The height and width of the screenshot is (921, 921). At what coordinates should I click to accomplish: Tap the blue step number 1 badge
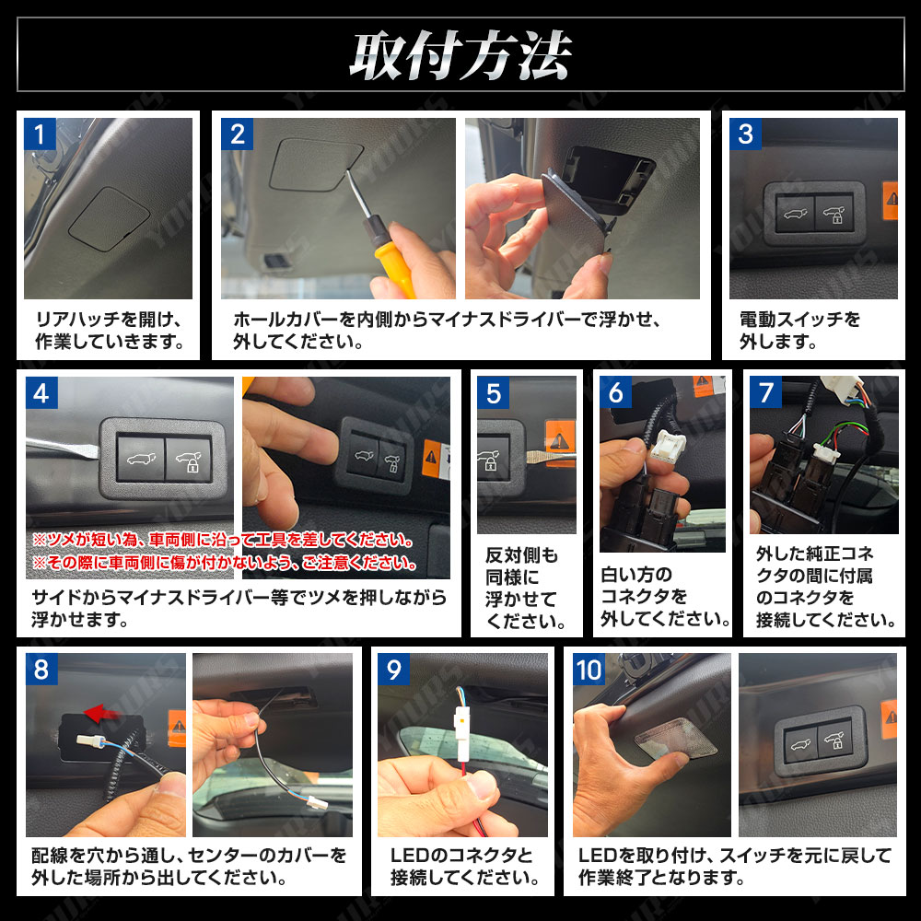point(40,134)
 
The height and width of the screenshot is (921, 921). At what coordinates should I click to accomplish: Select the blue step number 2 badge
point(237,134)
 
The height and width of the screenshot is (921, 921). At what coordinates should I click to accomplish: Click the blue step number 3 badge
point(745,134)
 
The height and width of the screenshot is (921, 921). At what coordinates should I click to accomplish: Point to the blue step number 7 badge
point(765,391)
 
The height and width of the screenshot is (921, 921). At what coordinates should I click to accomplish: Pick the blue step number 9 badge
point(393,669)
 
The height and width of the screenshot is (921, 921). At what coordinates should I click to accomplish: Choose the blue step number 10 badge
point(589,669)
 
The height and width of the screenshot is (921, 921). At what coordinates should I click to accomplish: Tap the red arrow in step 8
point(103,713)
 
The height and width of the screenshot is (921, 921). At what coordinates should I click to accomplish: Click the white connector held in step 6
point(668,446)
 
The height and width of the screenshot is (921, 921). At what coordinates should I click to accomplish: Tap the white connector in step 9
point(461,728)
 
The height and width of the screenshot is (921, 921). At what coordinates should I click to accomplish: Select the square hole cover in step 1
point(110,218)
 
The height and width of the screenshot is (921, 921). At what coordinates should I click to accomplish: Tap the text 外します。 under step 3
point(778,342)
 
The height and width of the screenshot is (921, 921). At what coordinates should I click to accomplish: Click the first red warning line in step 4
point(223,540)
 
